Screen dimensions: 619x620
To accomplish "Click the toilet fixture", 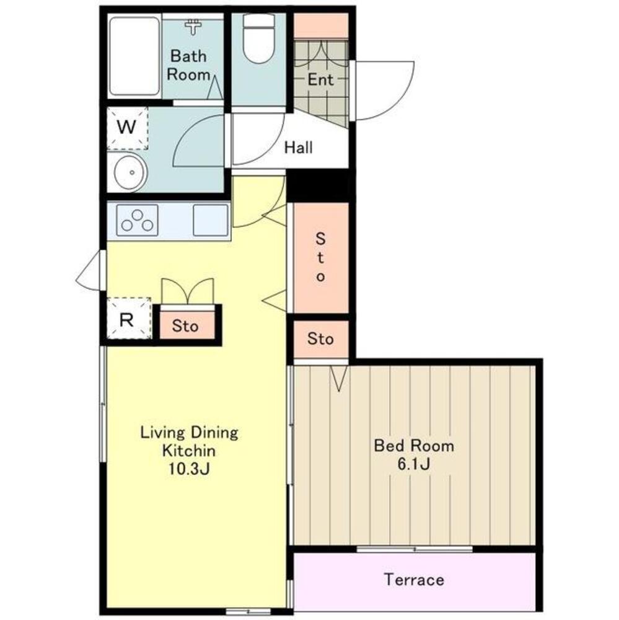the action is [259, 38].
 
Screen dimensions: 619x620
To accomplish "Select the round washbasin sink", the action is [131, 172].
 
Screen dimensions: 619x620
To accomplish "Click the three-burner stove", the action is [137, 220].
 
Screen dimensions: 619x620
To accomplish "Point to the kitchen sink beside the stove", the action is [210, 220].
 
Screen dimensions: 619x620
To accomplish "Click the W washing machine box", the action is [127, 128].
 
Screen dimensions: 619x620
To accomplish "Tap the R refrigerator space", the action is [129, 318].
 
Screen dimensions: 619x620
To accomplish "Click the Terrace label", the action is [414, 580].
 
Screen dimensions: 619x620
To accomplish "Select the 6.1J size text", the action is [413, 464].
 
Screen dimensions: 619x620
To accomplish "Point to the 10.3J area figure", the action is [189, 469].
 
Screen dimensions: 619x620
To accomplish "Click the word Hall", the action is [299, 148].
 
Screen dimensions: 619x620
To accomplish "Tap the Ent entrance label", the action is [320, 80].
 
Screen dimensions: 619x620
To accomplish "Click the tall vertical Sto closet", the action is [320, 257].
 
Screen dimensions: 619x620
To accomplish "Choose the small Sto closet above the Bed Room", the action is [320, 339].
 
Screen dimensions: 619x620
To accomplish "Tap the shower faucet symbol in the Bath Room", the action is [193, 27].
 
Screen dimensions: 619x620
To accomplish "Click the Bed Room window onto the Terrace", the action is [415, 549].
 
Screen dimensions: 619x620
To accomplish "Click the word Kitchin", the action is [189, 450].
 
